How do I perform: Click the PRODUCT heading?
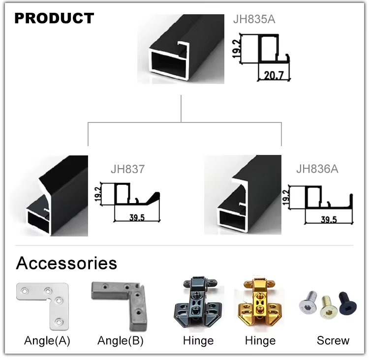[x=54, y=19]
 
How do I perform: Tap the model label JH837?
[x=128, y=170]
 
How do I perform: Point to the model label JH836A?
[x=317, y=169]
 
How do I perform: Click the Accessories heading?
[x=66, y=263]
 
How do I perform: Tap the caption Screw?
[x=333, y=340]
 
